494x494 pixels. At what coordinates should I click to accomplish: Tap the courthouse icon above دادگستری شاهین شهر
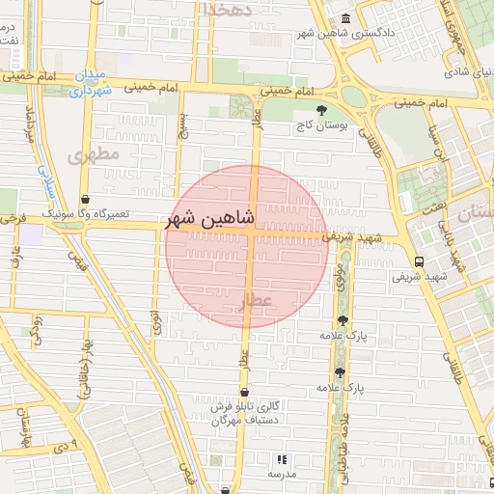click(346, 19)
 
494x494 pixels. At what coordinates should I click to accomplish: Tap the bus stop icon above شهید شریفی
click(418, 261)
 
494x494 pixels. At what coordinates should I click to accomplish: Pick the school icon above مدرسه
click(282, 460)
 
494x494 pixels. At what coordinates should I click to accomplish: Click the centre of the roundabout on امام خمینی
click(354, 96)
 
